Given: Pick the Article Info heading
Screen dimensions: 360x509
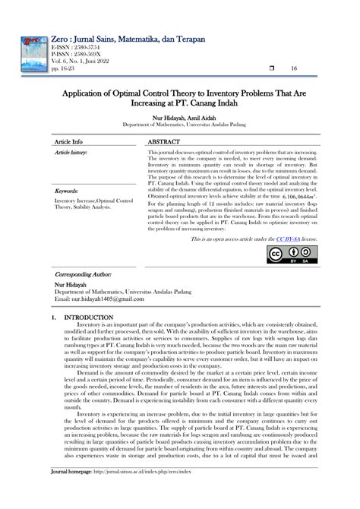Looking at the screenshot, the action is coord(68,142).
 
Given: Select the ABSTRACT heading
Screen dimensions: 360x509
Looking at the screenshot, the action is coord(165,142).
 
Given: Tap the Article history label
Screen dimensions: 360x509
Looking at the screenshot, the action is coord(71,153).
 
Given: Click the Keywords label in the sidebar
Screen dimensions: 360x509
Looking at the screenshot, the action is coord(67,191).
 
